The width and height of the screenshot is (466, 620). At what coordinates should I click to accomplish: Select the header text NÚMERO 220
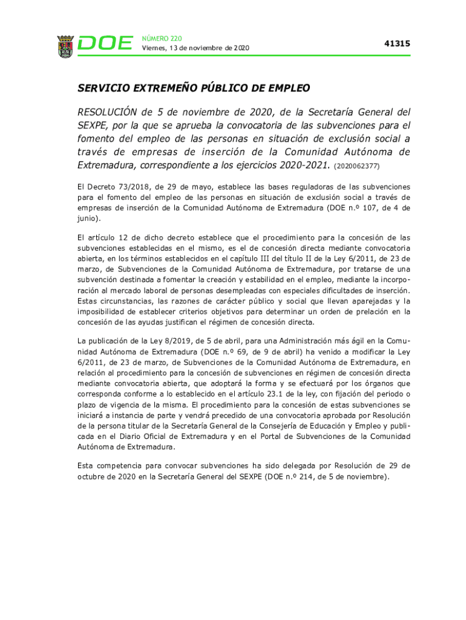pos(162,38)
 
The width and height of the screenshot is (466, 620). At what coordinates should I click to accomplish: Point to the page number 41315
pos(397,44)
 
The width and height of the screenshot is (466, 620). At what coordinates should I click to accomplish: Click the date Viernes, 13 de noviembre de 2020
pos(195,48)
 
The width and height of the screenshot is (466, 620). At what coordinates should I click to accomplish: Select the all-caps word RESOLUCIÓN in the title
pos(107,113)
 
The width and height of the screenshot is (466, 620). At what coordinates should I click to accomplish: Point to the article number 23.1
pos(255,393)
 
